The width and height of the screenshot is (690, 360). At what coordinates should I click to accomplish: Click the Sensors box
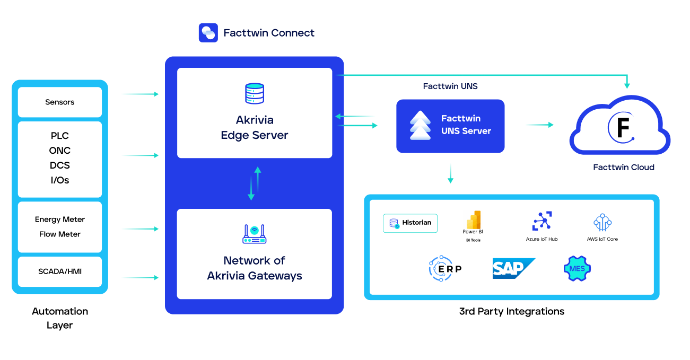pos(60,102)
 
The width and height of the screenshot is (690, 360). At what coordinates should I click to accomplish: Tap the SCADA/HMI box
pos(60,271)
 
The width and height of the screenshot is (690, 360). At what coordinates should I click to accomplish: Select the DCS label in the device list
pos(60,165)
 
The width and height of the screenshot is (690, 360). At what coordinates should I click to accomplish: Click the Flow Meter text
pos(60,234)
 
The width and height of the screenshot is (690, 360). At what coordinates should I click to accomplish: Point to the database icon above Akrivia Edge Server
pos(255,93)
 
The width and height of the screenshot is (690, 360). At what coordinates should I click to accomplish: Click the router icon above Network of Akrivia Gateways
pos(255,234)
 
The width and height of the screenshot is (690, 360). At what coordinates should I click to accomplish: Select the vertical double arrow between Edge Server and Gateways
pos(255,183)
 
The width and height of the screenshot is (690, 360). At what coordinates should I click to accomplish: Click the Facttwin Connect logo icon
pos(208,32)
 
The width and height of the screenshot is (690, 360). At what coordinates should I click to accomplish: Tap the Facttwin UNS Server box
pos(450,126)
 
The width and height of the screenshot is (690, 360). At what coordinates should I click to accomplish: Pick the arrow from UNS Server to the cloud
pos(539,125)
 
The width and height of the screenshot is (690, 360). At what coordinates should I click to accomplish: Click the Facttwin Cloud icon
pos(620,126)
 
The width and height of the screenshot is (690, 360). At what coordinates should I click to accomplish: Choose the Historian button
pos(410,223)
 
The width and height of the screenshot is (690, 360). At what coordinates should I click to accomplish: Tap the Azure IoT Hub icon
pos(542,221)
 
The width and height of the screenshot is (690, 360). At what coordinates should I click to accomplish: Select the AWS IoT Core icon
pos(602,223)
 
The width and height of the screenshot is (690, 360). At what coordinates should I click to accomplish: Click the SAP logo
pos(513,268)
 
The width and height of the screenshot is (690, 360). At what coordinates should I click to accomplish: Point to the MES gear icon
pos(577,269)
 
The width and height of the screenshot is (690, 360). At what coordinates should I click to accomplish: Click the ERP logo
pos(445,269)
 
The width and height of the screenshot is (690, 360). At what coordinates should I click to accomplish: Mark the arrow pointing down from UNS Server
pos(450,173)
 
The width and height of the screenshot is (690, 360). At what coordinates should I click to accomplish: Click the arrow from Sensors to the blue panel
pos(140,94)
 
